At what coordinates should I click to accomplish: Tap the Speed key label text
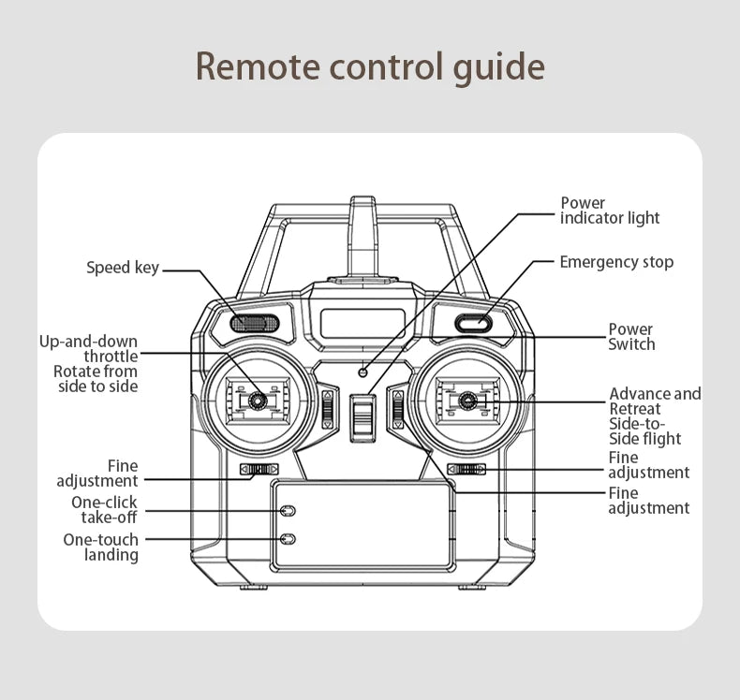tap(123, 269)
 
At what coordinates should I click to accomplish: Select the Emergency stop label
tap(615, 262)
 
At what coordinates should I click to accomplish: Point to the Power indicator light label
tap(609, 211)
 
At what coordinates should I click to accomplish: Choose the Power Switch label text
tap(630, 337)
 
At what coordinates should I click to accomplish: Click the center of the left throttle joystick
tap(253, 401)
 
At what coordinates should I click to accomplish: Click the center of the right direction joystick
tap(465, 402)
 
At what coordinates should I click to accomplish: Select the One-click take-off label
tap(104, 510)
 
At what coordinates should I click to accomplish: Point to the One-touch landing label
tap(100, 547)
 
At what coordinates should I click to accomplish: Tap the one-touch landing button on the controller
tap(289, 540)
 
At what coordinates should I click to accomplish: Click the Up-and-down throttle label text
tap(89, 348)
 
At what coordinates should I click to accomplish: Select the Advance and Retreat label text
tap(654, 401)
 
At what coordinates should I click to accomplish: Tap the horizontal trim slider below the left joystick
tap(259, 469)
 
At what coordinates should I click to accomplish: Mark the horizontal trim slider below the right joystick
tap(466, 469)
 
